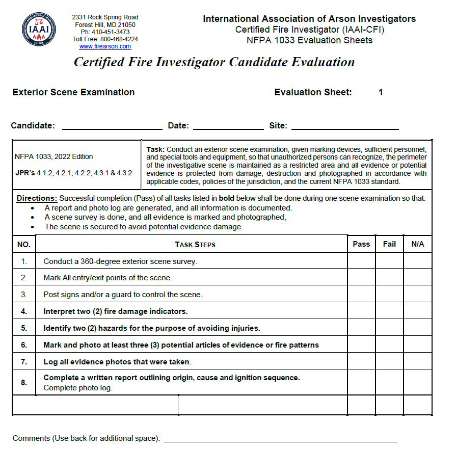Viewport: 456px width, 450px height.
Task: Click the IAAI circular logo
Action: pos(39,30)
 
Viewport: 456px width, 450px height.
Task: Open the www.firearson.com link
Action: pos(105,46)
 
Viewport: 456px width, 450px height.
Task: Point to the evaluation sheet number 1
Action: pos(381,92)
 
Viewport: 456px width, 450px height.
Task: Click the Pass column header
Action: pos(361,244)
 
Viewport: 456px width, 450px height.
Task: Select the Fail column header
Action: pos(389,244)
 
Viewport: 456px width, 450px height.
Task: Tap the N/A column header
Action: pos(418,244)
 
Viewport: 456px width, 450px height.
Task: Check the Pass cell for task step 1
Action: pos(361,261)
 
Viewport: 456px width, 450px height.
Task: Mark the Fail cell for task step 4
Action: pos(389,311)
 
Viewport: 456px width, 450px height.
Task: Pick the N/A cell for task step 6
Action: pos(418,345)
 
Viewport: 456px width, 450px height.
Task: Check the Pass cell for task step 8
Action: pos(361,382)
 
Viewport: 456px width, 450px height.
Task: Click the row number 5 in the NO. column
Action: pos(24,328)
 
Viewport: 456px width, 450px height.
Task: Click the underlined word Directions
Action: pos(37,198)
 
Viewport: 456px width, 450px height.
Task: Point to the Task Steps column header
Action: pos(195,245)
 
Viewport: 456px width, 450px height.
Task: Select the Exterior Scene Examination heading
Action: pos(73,92)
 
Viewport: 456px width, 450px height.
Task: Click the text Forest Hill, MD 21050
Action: pos(105,24)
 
